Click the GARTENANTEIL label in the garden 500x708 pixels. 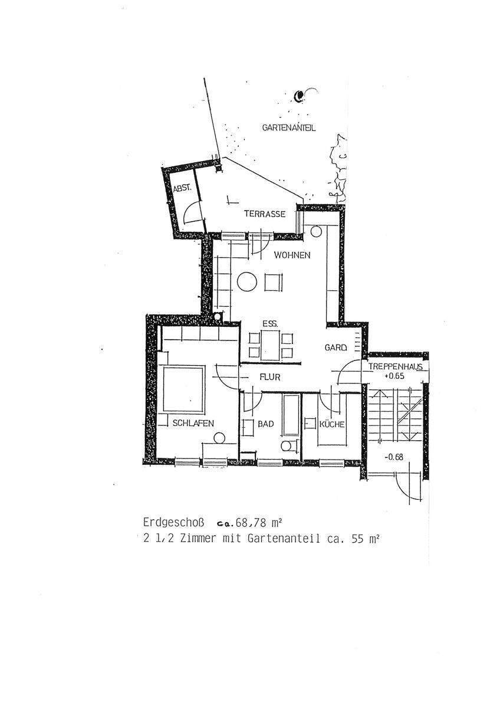pos(289,127)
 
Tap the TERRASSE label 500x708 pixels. pos(265,215)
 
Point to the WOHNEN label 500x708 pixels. pos(292,255)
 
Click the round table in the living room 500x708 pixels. pos(247,282)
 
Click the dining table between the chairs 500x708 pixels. pos(271,345)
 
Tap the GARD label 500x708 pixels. pos(335,348)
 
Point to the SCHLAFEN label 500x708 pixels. pos(193,423)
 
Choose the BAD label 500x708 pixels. pos(266,424)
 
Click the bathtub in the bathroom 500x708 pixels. pos(291,415)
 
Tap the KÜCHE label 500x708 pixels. pos(332,424)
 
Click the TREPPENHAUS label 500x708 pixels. pos(396,366)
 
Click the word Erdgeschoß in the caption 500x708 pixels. pos(173,522)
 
